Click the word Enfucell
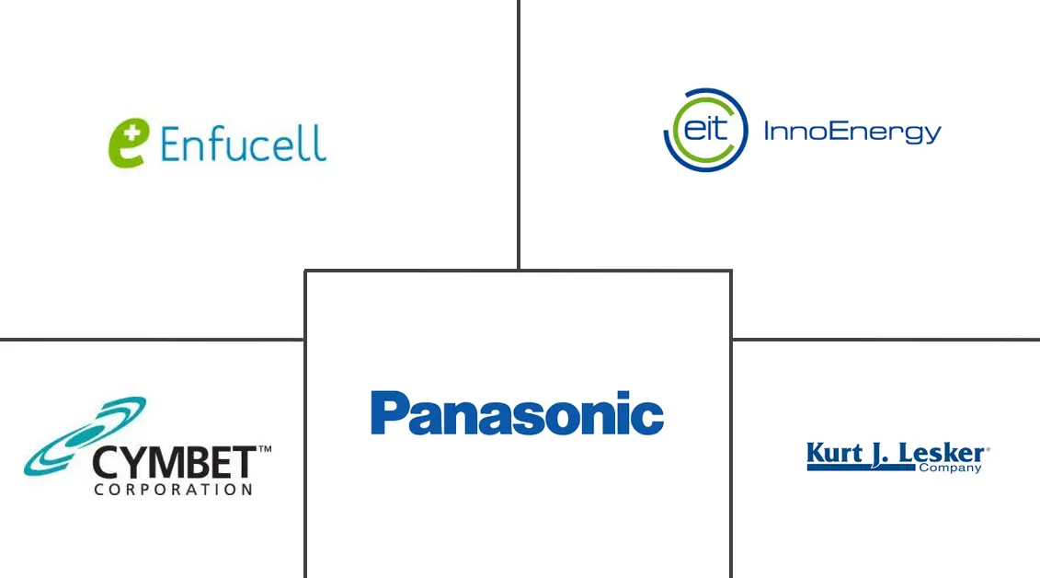[243, 144]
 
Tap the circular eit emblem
[705, 130]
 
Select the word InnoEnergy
[852, 132]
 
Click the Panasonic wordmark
[517, 413]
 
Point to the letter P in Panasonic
[388, 413]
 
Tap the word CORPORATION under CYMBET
[173, 490]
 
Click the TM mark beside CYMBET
[265, 450]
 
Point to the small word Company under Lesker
[951, 468]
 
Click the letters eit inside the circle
[704, 128]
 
